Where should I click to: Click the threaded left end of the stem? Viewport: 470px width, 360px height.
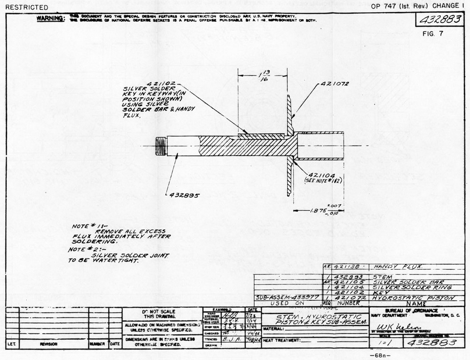[161, 145]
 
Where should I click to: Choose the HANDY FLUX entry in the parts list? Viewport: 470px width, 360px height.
[391, 266]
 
